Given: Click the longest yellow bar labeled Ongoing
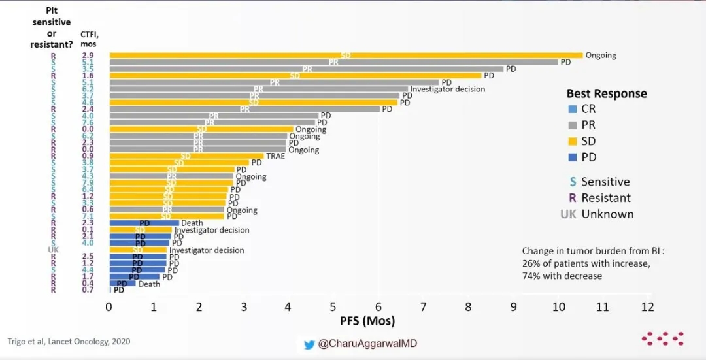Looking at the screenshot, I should point(345,56).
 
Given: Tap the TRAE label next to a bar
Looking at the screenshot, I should point(275,157).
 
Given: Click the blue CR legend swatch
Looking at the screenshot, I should point(572,109).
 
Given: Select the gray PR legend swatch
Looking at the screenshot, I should point(572,125).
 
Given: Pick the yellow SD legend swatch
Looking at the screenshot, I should point(572,141).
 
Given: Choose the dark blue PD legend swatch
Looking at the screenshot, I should point(572,157).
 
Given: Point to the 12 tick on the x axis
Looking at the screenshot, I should point(647,307).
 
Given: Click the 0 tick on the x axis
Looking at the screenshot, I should point(109,307).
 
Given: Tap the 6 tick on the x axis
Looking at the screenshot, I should point(378,307).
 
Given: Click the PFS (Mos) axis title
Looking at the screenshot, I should point(367,321).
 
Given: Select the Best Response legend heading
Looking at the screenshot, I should point(606,93).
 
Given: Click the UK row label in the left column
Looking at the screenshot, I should point(53,250).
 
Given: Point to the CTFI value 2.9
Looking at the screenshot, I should point(88,56).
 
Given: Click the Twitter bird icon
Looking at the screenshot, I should point(309,344).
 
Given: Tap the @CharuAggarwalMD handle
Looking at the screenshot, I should point(367,344).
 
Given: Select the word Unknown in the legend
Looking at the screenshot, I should point(607,214).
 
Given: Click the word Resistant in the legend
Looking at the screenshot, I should point(606,198).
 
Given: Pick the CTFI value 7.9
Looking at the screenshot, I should point(88,183).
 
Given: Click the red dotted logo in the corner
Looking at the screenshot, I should point(662,338).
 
